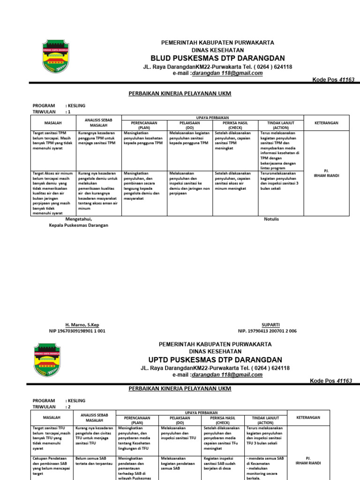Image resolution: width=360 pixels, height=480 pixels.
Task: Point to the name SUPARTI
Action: [x=270, y=324]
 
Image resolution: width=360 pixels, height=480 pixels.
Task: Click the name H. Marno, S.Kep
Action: [x=82, y=324]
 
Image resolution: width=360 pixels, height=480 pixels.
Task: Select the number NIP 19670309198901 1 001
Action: [x=77, y=330]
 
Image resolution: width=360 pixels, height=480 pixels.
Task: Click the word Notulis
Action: [x=271, y=219]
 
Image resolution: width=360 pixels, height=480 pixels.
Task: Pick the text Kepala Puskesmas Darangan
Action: [x=79, y=225]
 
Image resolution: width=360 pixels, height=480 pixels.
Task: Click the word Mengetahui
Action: [x=79, y=219]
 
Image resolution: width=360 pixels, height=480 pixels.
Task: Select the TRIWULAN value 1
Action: [x=69, y=112]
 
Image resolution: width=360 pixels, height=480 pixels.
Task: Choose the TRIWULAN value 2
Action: [x=69, y=407]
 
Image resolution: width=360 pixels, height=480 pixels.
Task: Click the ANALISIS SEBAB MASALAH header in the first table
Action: [x=98, y=123]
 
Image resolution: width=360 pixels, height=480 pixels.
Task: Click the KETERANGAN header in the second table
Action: [x=308, y=417]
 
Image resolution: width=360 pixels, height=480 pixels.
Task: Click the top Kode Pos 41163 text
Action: [x=333, y=80]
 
